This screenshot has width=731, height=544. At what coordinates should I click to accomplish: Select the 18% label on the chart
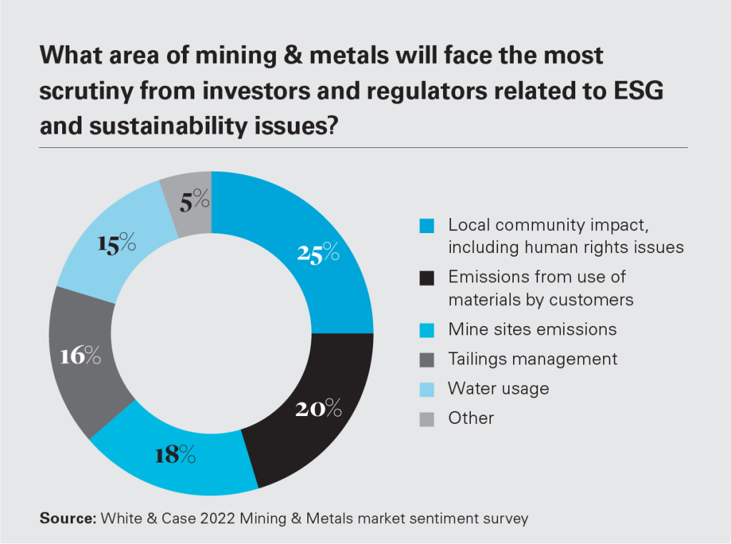coord(175,454)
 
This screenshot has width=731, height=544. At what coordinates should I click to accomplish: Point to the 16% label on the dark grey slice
coord(81,355)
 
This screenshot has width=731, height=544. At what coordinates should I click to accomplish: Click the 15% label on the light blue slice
coord(116,244)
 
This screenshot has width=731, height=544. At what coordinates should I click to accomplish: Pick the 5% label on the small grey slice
coord(194,202)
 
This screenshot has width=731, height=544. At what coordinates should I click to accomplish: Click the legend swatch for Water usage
coord(427,389)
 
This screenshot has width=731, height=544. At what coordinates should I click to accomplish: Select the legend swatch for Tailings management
coord(427,360)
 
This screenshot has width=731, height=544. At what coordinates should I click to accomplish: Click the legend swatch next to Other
coord(427,418)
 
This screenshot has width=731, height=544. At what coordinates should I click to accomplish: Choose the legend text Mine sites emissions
coord(532,330)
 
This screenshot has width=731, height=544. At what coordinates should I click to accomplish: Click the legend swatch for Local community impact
coord(427,226)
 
